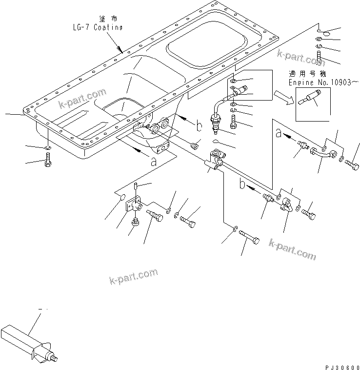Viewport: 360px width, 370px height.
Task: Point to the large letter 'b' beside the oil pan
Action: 199,126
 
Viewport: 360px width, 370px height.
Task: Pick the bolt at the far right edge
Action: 353,165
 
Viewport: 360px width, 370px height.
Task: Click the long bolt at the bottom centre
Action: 249,240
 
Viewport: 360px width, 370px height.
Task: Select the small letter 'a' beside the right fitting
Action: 279,132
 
